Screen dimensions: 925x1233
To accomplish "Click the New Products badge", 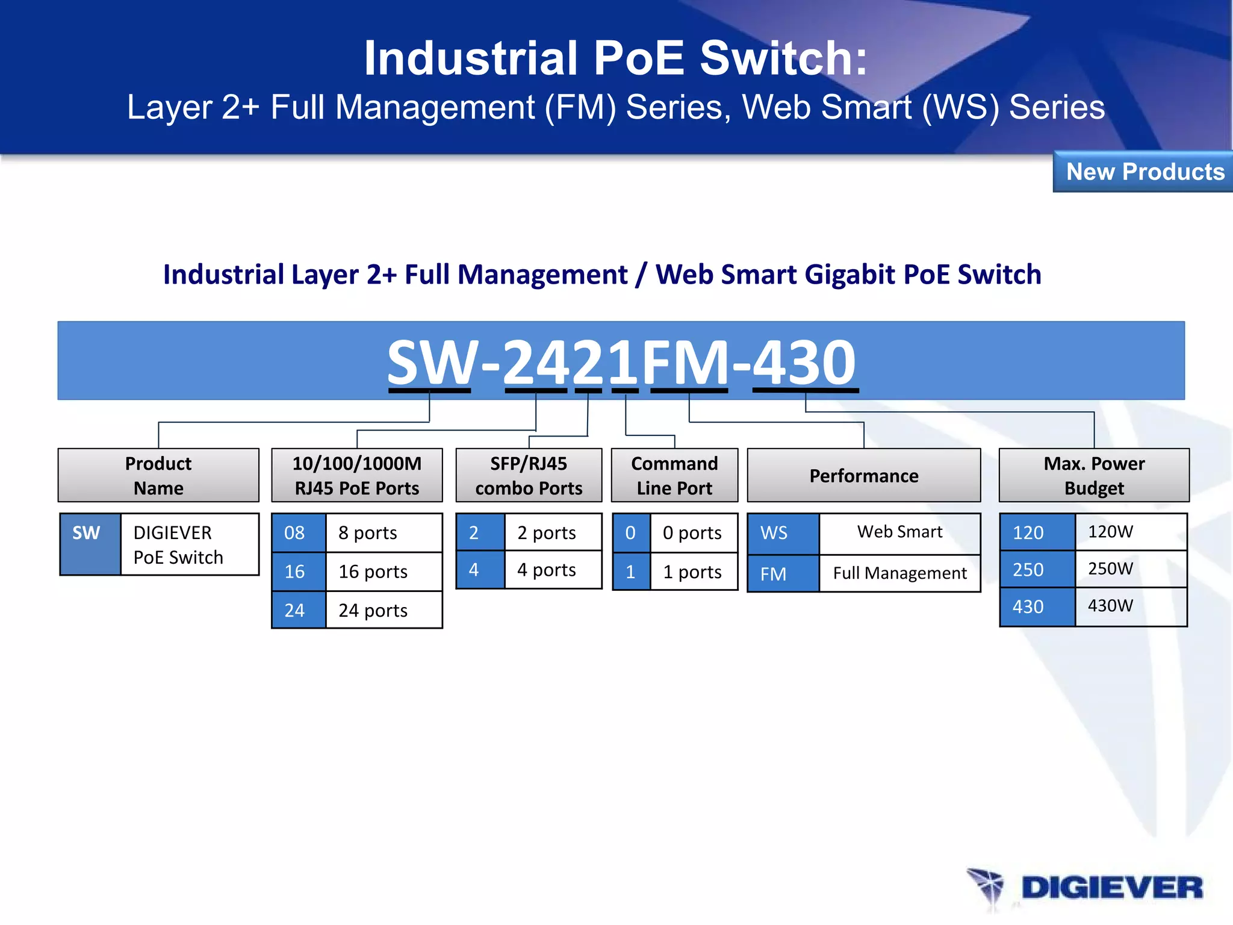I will (x=1144, y=172).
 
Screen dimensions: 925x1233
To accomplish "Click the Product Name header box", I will (x=158, y=475).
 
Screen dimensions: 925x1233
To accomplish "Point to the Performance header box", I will (x=863, y=475).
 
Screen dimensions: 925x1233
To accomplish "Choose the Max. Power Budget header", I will (x=1093, y=475).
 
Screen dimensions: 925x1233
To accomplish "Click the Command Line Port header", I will (x=674, y=475).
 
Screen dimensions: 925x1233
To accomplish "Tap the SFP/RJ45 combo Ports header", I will (x=529, y=475).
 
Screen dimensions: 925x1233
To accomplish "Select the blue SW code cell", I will (x=90, y=544).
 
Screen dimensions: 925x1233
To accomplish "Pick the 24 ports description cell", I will (x=384, y=610).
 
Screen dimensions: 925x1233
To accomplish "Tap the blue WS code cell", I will (x=782, y=533).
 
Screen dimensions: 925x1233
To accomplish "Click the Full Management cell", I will (x=899, y=573).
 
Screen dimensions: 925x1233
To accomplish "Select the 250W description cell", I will (x=1130, y=569).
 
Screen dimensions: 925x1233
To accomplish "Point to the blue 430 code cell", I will (x=1037, y=606).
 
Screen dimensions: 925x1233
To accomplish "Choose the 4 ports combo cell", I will (x=552, y=570).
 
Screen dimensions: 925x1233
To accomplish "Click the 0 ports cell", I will (x=693, y=533).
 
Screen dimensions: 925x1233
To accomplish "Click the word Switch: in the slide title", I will (x=783, y=58).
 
